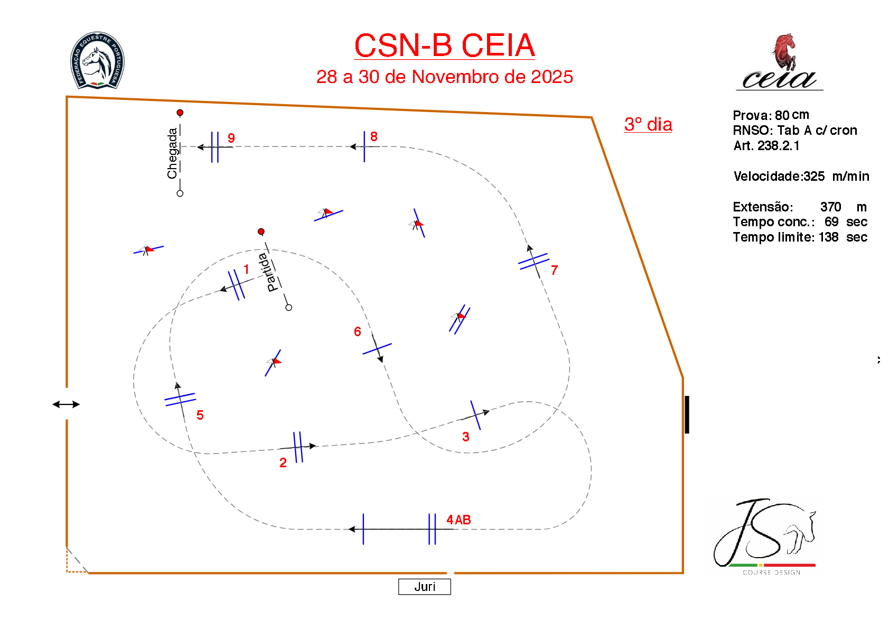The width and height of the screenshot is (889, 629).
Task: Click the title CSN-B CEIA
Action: click(444, 45)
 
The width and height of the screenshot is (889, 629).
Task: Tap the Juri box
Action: click(424, 587)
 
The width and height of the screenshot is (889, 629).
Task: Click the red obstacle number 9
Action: click(231, 138)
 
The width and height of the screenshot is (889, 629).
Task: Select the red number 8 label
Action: click(373, 137)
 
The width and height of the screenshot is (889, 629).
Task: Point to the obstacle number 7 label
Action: click(554, 271)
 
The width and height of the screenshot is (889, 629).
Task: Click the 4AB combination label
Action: click(458, 520)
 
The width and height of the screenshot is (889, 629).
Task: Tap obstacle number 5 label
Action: click(200, 415)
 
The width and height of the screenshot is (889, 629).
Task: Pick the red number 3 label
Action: click(465, 437)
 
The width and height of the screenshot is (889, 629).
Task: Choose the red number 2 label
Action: click(283, 463)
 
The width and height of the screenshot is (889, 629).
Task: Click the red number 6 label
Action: click(358, 332)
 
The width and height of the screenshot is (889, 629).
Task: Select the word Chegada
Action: click(172, 153)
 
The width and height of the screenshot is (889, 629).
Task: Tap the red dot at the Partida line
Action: click(261, 232)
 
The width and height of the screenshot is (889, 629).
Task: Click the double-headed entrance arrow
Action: click(66, 404)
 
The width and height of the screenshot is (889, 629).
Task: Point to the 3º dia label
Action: click(648, 125)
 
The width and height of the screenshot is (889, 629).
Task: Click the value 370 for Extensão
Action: click(830, 207)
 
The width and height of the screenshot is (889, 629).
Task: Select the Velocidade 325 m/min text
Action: click(801, 177)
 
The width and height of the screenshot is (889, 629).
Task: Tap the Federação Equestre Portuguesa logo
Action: click(98, 60)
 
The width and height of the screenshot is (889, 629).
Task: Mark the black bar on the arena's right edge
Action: click(687, 414)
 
